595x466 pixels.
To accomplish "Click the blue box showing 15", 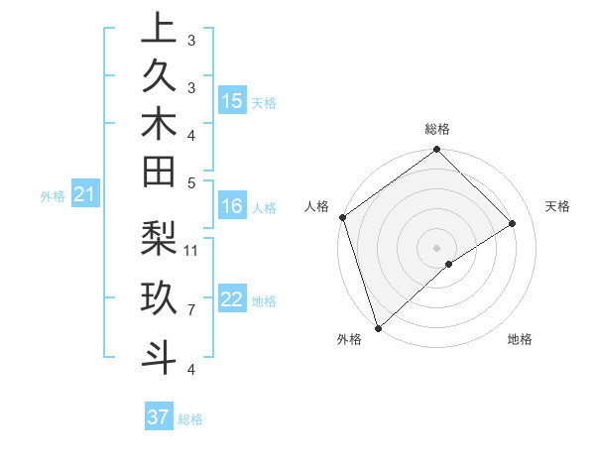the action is pyautogui.click(x=232, y=100).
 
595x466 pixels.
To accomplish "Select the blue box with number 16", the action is pyautogui.click(x=232, y=206).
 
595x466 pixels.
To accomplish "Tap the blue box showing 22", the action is pyautogui.click(x=232, y=300).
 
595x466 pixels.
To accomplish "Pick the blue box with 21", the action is pyautogui.click(x=85, y=195).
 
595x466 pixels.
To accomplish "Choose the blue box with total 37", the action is pyautogui.click(x=158, y=417).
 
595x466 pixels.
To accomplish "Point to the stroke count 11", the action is pyautogui.click(x=191, y=249).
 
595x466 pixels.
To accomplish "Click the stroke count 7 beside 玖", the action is pyautogui.click(x=190, y=309).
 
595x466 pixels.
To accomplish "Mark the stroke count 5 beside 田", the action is pyautogui.click(x=190, y=182).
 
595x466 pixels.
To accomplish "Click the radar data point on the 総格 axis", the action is pyautogui.click(x=437, y=151).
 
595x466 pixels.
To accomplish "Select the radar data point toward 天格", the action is pyautogui.click(x=513, y=223).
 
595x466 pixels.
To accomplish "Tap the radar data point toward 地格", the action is pyautogui.click(x=449, y=264).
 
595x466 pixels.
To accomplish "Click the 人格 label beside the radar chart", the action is pyautogui.click(x=317, y=206).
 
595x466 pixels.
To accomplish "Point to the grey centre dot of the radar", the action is pyautogui.click(x=437, y=247).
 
